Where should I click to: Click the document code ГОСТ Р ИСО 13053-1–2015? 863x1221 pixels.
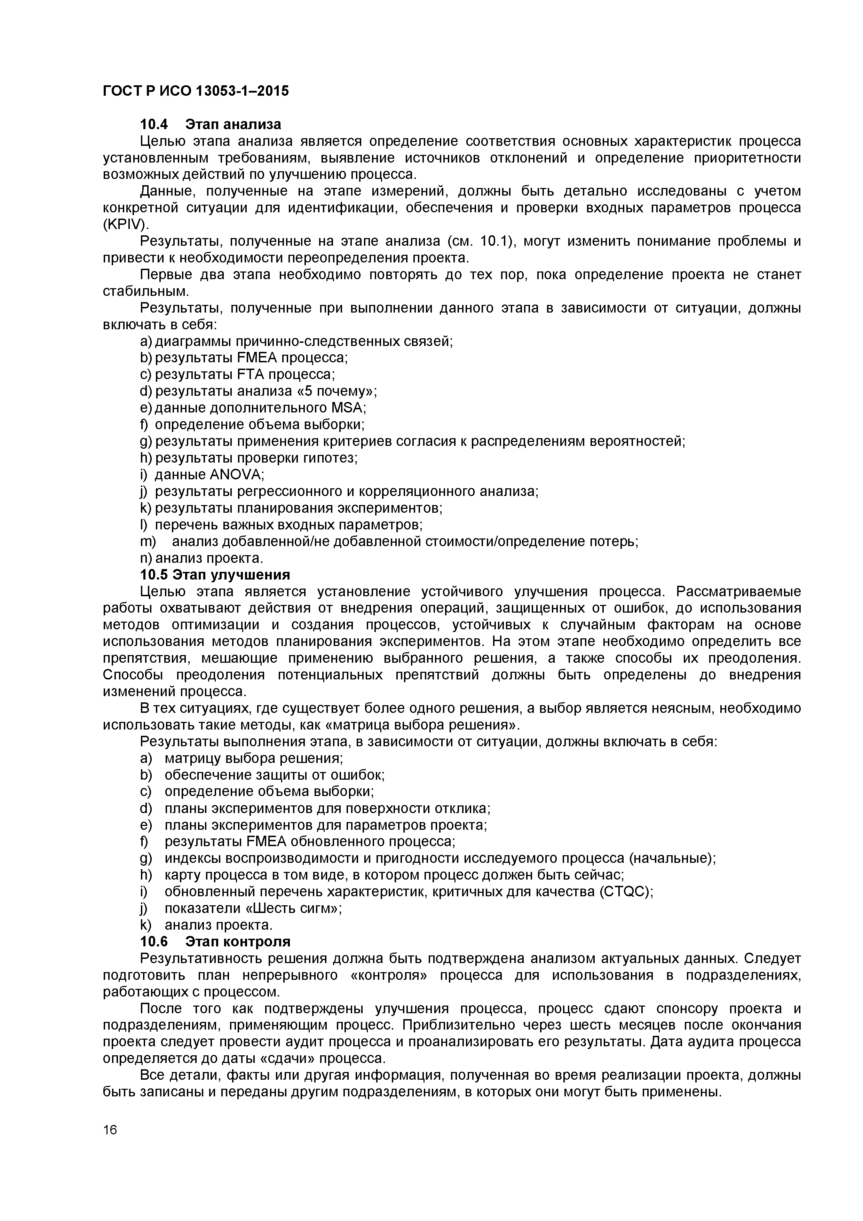click(x=196, y=92)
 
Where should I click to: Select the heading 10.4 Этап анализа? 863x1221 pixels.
click(x=211, y=125)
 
